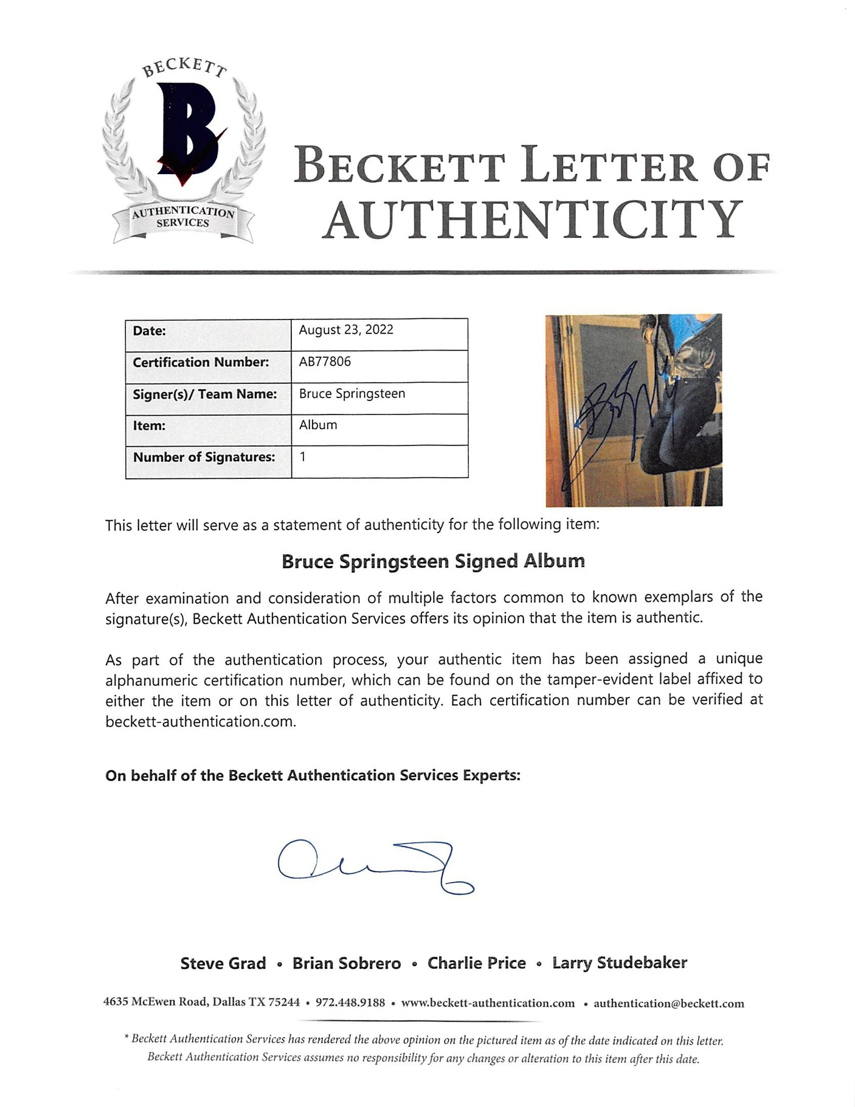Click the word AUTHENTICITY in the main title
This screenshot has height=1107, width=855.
point(533,219)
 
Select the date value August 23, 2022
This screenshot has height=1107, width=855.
point(346,330)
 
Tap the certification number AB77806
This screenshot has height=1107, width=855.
point(325,361)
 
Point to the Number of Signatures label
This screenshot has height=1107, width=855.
point(204,457)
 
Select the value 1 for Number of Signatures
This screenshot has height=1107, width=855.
point(303,456)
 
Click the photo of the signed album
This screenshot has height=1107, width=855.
point(634,410)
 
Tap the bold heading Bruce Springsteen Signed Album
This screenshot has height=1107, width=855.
point(433,561)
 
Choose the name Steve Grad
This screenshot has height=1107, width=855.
point(223,963)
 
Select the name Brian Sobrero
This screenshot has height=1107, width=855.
point(347,963)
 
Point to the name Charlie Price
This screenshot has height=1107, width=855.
point(477,963)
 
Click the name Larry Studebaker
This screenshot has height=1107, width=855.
point(620,963)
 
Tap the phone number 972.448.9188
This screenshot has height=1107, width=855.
point(350,1004)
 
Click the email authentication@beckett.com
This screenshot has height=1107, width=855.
point(669,1004)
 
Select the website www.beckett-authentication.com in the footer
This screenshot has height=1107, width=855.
point(488,1004)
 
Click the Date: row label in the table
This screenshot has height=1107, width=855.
point(150,331)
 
